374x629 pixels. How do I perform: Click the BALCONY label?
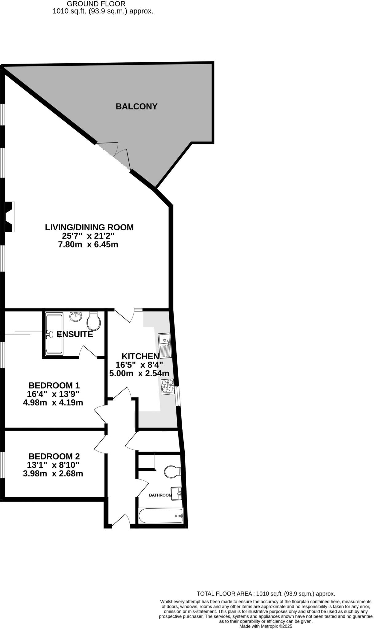coord(136,107)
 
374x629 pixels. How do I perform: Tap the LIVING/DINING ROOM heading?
coord(89,227)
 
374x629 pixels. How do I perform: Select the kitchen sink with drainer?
coord(165,345)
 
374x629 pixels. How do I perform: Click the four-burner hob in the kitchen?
coord(167,387)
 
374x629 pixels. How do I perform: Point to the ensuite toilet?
coord(94,321)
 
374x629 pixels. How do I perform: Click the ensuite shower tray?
coord(54,334)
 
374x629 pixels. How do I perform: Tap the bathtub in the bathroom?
coord(161,516)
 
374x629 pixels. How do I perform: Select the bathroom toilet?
coord(172,472)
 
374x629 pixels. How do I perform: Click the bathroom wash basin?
coord(176,494)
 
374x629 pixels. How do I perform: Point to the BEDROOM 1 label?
coord(54,385)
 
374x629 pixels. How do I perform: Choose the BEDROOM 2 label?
coord(54,456)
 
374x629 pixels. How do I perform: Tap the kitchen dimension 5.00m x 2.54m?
coord(139,373)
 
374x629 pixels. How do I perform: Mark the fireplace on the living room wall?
coord(9,217)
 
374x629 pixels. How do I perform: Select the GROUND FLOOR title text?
coord(96,4)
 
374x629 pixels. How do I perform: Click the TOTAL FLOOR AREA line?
coord(266,594)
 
